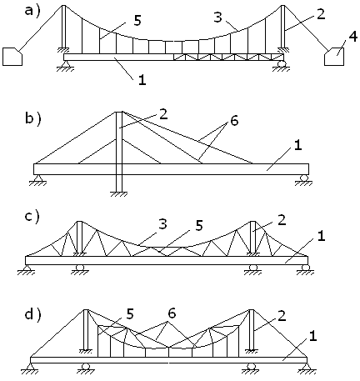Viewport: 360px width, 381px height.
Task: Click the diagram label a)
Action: [x=32, y=11]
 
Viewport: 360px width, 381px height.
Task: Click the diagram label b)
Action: [x=33, y=118]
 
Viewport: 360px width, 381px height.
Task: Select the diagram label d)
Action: [x=32, y=314]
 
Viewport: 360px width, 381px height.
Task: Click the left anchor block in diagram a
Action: [x=12, y=57]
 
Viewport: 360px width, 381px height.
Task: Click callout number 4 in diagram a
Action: [x=352, y=38]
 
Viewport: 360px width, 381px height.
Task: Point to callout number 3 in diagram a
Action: [x=218, y=18]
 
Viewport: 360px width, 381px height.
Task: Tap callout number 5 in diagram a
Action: [x=137, y=21]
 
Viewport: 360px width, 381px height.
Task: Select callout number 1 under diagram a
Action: [x=142, y=80]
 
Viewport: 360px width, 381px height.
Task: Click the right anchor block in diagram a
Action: [x=334, y=57]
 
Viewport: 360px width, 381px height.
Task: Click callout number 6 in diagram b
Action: [x=234, y=121]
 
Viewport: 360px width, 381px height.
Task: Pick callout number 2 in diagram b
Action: [x=163, y=114]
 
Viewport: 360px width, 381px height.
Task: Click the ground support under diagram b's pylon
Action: [x=119, y=193]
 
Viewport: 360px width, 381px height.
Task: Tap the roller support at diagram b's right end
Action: [x=303, y=180]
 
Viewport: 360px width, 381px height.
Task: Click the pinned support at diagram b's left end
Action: [x=38, y=180]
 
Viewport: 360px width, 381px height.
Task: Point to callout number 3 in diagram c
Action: [x=162, y=224]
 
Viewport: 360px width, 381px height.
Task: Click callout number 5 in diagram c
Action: [x=199, y=225]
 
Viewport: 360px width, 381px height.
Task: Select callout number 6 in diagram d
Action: [x=172, y=313]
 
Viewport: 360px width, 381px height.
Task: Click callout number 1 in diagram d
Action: [x=312, y=336]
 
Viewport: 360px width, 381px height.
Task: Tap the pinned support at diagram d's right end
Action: [x=307, y=368]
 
